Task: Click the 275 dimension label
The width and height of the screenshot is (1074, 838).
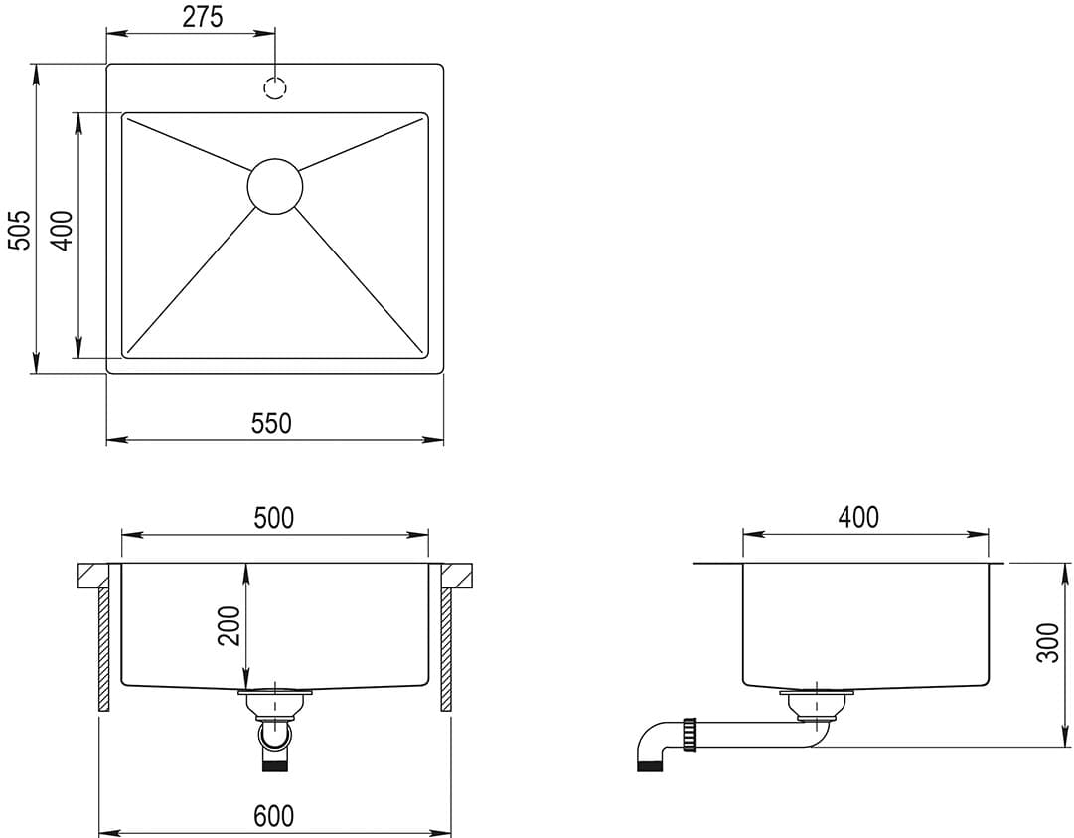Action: [203, 17]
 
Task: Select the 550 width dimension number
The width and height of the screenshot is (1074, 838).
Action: [271, 423]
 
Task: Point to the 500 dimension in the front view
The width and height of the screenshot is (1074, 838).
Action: [273, 518]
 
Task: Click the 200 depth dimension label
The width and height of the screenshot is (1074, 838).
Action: [230, 625]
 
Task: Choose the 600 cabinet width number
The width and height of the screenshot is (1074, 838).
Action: [273, 816]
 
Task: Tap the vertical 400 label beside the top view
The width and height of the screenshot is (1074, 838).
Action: [62, 231]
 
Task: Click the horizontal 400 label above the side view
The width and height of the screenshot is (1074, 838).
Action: [858, 517]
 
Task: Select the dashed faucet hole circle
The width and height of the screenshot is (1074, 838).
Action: [275, 87]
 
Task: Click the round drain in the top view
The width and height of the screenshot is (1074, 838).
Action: [274, 185]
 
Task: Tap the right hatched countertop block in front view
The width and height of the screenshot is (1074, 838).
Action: [456, 575]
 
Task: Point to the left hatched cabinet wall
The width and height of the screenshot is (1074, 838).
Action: [103, 648]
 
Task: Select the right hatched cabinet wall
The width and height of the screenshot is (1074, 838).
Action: [446, 648]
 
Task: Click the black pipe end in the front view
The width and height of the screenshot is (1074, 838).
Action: [274, 764]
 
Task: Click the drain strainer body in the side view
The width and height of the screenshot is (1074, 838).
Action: [816, 707]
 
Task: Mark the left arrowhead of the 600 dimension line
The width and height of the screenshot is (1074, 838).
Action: [106, 833]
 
